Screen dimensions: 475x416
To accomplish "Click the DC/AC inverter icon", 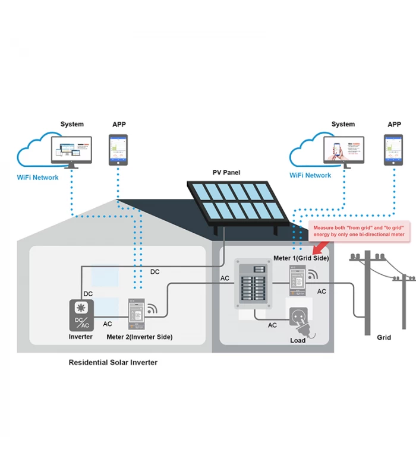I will click(x=81, y=315).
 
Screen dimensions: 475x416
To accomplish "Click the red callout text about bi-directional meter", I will click(x=358, y=231).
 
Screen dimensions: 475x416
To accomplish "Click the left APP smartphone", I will click(x=118, y=150).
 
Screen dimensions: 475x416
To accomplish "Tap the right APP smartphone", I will click(x=393, y=150).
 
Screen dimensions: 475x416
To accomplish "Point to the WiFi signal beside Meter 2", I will click(x=153, y=309).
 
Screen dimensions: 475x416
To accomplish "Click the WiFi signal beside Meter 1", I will click(x=313, y=275).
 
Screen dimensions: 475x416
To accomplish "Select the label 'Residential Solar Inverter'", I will click(x=113, y=362).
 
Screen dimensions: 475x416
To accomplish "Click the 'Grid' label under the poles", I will click(x=384, y=337).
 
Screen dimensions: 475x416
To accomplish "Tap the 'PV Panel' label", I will click(x=226, y=173).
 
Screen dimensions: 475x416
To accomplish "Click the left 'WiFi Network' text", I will click(x=38, y=178).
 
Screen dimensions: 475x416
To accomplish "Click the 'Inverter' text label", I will click(x=81, y=337).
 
